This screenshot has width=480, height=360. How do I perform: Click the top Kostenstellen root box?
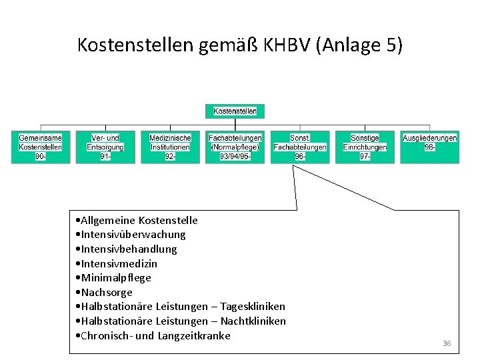coord(235,111)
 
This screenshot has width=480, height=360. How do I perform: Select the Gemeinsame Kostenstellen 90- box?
coord(41,147)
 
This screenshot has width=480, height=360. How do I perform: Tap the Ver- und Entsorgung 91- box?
coord(105,147)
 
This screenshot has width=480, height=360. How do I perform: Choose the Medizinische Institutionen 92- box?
coord(170,147)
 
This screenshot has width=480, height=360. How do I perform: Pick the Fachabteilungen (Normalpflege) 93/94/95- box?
coord(235,147)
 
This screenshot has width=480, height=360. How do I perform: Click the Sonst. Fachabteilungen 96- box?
coord(300,147)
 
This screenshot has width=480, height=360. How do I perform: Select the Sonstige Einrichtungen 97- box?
coord(365,147)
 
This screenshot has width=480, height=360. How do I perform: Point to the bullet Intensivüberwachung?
coord(133,235)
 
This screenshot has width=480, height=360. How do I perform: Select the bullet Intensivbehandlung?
coord(129,249)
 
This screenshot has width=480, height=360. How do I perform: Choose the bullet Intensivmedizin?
coord(119,263)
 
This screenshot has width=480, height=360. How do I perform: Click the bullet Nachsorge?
coord(107,292)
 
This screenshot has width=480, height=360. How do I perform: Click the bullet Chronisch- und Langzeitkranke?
coord(155,335)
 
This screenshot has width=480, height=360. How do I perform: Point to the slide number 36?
coord(446,343)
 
